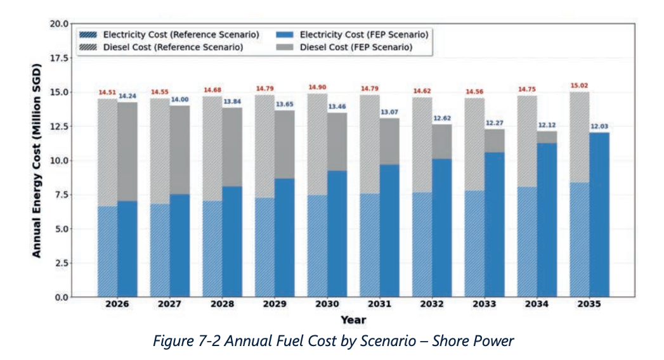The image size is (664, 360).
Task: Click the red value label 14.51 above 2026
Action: (x=107, y=93)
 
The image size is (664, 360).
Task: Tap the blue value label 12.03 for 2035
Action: (x=599, y=126)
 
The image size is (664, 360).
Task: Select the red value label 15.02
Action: (x=579, y=86)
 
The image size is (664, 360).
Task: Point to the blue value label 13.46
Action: (x=337, y=106)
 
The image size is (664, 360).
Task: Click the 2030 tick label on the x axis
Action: (x=327, y=304)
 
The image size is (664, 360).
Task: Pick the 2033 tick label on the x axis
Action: (x=485, y=304)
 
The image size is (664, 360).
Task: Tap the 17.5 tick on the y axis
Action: (x=59, y=58)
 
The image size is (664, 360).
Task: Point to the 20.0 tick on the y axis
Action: (x=59, y=23)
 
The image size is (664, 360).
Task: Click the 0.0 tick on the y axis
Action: (x=62, y=297)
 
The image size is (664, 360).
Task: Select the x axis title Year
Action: (x=354, y=320)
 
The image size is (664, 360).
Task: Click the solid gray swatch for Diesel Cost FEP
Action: (x=285, y=47)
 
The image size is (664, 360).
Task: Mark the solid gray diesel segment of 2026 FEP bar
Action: (x=127, y=151)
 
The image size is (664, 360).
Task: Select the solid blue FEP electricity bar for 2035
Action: (x=599, y=215)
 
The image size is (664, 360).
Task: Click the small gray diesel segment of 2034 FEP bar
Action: (x=547, y=137)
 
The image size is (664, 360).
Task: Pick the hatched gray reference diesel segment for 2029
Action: (x=264, y=146)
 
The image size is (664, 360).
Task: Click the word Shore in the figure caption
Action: (x=448, y=341)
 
